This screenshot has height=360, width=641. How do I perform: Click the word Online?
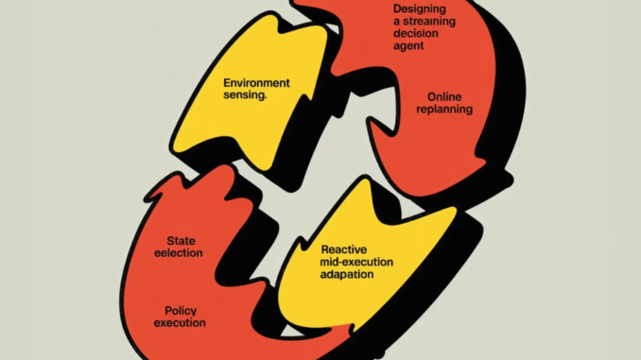444,95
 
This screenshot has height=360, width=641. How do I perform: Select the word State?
181,241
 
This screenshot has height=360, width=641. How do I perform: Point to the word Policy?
180,310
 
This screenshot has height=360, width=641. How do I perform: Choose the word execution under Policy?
180,323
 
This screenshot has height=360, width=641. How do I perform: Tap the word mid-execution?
341,262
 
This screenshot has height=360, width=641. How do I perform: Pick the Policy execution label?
180,317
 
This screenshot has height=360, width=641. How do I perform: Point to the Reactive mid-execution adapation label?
340,262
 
